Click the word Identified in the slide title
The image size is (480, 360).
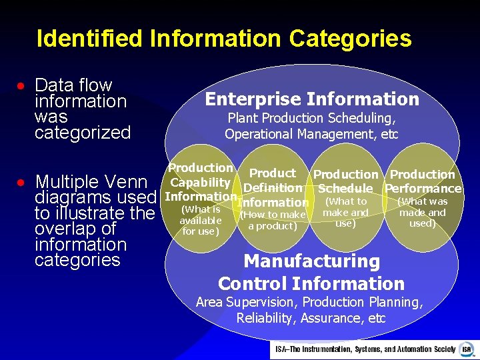(90, 38)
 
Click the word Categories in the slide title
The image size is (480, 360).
(353, 38)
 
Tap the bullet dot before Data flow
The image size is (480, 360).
(21, 87)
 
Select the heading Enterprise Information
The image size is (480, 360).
(312, 99)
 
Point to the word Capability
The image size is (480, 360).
(200, 183)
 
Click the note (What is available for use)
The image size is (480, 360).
(200, 220)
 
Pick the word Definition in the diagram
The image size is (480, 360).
(273, 188)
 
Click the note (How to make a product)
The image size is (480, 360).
(273, 220)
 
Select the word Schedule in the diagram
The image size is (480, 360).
(345, 189)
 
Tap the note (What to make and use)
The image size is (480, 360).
(345, 212)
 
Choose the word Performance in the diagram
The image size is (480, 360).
(423, 189)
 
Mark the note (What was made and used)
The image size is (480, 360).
(423, 212)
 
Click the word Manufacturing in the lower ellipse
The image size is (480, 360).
(311, 261)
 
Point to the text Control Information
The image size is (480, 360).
(311, 283)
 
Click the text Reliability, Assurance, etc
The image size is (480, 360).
(311, 318)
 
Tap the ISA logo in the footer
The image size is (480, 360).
(467, 349)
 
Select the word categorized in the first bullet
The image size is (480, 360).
(83, 133)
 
